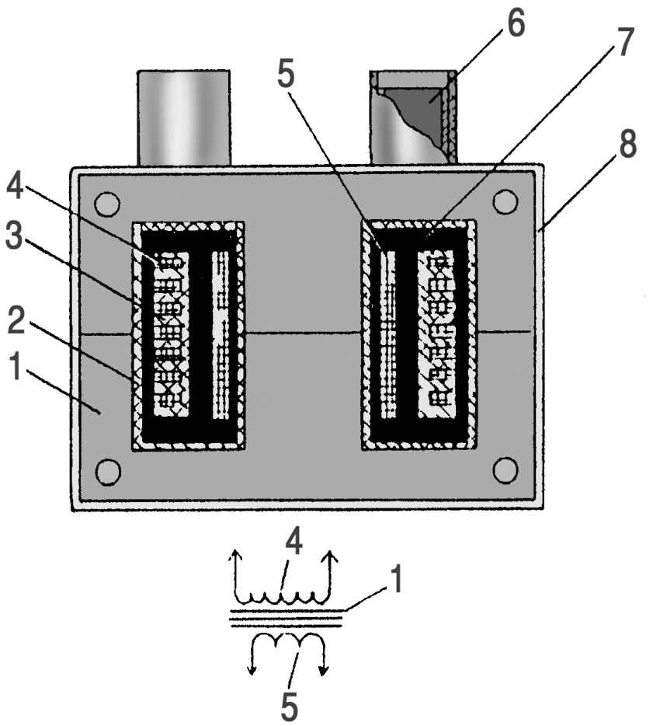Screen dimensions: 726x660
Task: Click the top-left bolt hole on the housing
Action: [107, 204]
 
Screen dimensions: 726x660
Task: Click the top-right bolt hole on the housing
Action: [505, 201]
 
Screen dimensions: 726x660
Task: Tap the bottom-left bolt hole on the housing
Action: [107, 470]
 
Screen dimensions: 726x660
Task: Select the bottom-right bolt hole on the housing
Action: [505, 469]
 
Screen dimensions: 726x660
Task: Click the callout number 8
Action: [627, 144]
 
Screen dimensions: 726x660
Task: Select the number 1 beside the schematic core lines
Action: [395, 580]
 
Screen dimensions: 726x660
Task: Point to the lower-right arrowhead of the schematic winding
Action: [324, 670]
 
